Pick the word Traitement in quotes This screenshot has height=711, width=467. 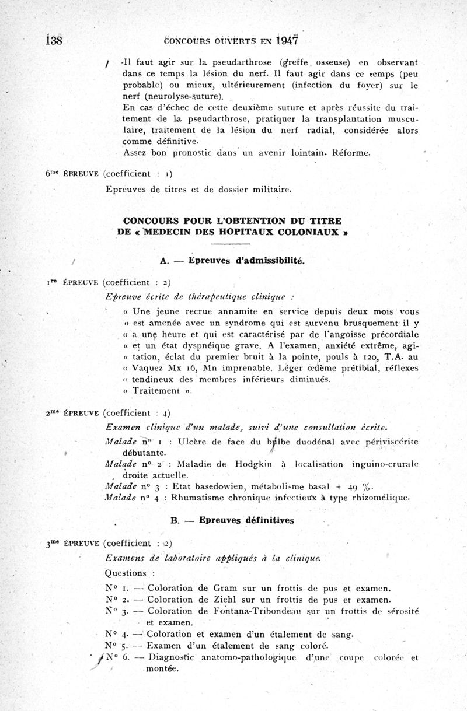point(155,390)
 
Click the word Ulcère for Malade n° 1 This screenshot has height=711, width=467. point(196,442)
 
